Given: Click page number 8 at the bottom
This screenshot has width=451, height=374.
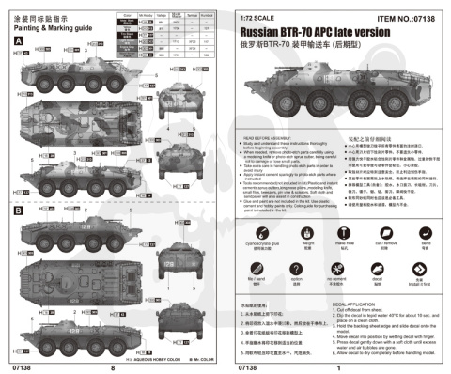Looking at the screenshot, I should [112, 367].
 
